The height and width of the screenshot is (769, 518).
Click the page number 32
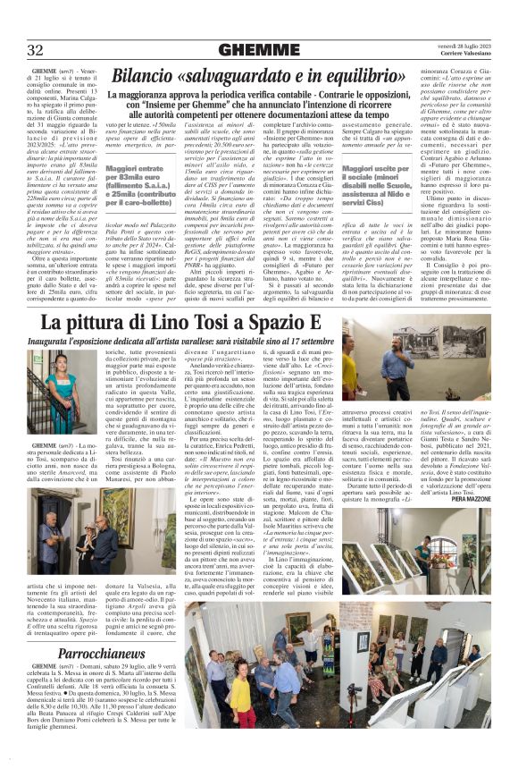coord(37,49)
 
